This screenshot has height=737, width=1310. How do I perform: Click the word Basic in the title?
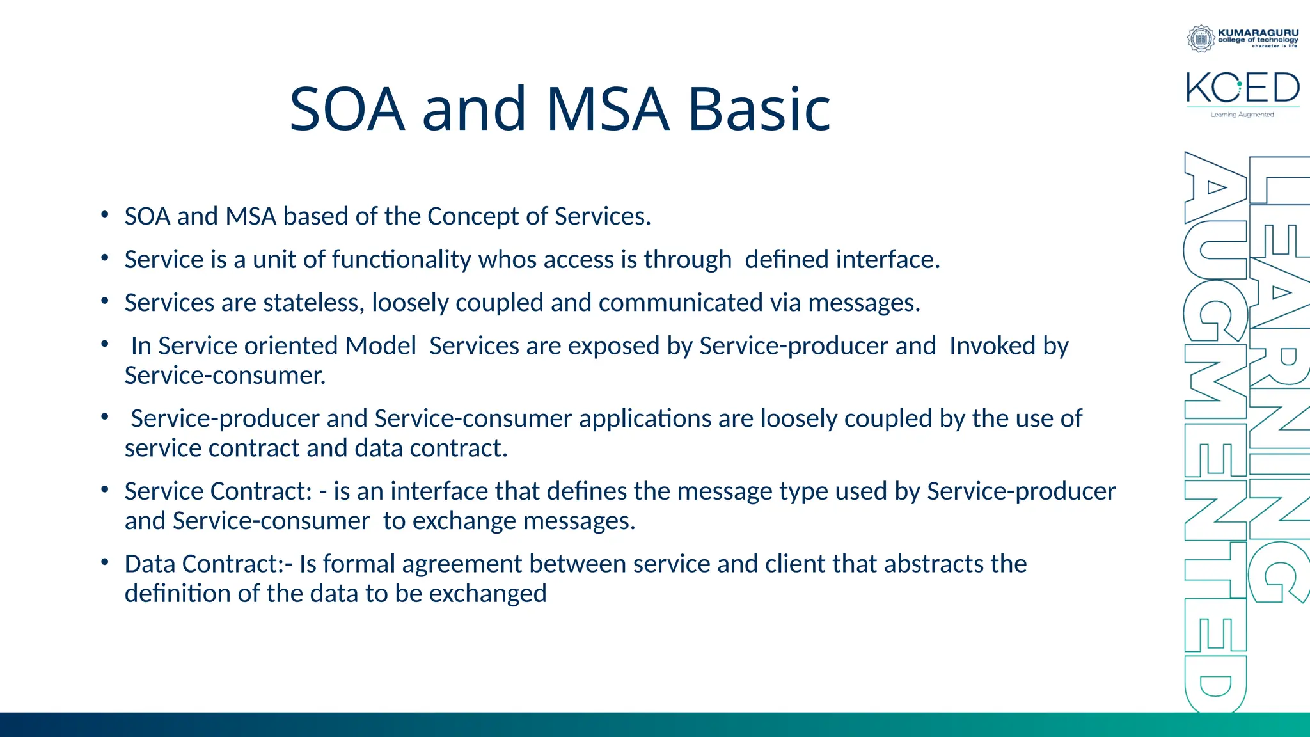(x=759, y=109)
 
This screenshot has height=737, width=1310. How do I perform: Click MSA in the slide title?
(x=608, y=109)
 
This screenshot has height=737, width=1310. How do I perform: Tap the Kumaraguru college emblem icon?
(x=1201, y=38)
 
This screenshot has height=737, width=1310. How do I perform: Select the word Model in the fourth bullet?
(x=381, y=345)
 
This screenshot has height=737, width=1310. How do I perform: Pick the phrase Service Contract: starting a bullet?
(x=218, y=491)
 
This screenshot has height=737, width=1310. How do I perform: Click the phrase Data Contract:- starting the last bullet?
(x=209, y=564)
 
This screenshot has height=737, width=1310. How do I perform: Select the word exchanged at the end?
(x=487, y=594)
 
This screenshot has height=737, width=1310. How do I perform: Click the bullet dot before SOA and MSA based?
(x=104, y=215)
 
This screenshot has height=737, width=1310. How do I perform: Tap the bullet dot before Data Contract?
(x=104, y=562)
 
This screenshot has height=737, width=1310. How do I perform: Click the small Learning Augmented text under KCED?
(x=1242, y=115)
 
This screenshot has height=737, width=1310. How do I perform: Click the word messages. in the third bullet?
(x=864, y=303)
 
